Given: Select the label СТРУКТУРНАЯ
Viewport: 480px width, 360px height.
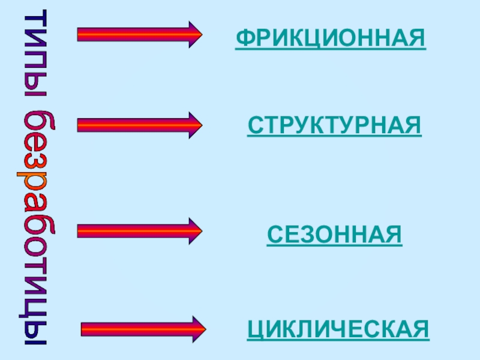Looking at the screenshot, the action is [x=334, y=126].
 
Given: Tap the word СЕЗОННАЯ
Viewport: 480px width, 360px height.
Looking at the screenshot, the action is [x=334, y=234].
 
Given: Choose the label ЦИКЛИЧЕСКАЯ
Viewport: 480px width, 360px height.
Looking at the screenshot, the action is [x=338, y=329].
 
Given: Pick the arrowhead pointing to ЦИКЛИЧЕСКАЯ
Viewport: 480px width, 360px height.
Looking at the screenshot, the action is [x=199, y=329].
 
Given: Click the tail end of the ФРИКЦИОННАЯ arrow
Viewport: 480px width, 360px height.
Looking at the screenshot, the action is [x=80, y=35].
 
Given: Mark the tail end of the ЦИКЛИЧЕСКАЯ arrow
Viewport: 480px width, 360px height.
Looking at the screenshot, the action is [x=84, y=329].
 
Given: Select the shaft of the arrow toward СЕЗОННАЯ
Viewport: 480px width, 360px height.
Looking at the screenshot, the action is [x=132, y=231].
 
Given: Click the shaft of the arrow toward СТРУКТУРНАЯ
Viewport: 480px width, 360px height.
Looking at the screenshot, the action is [x=132, y=124].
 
